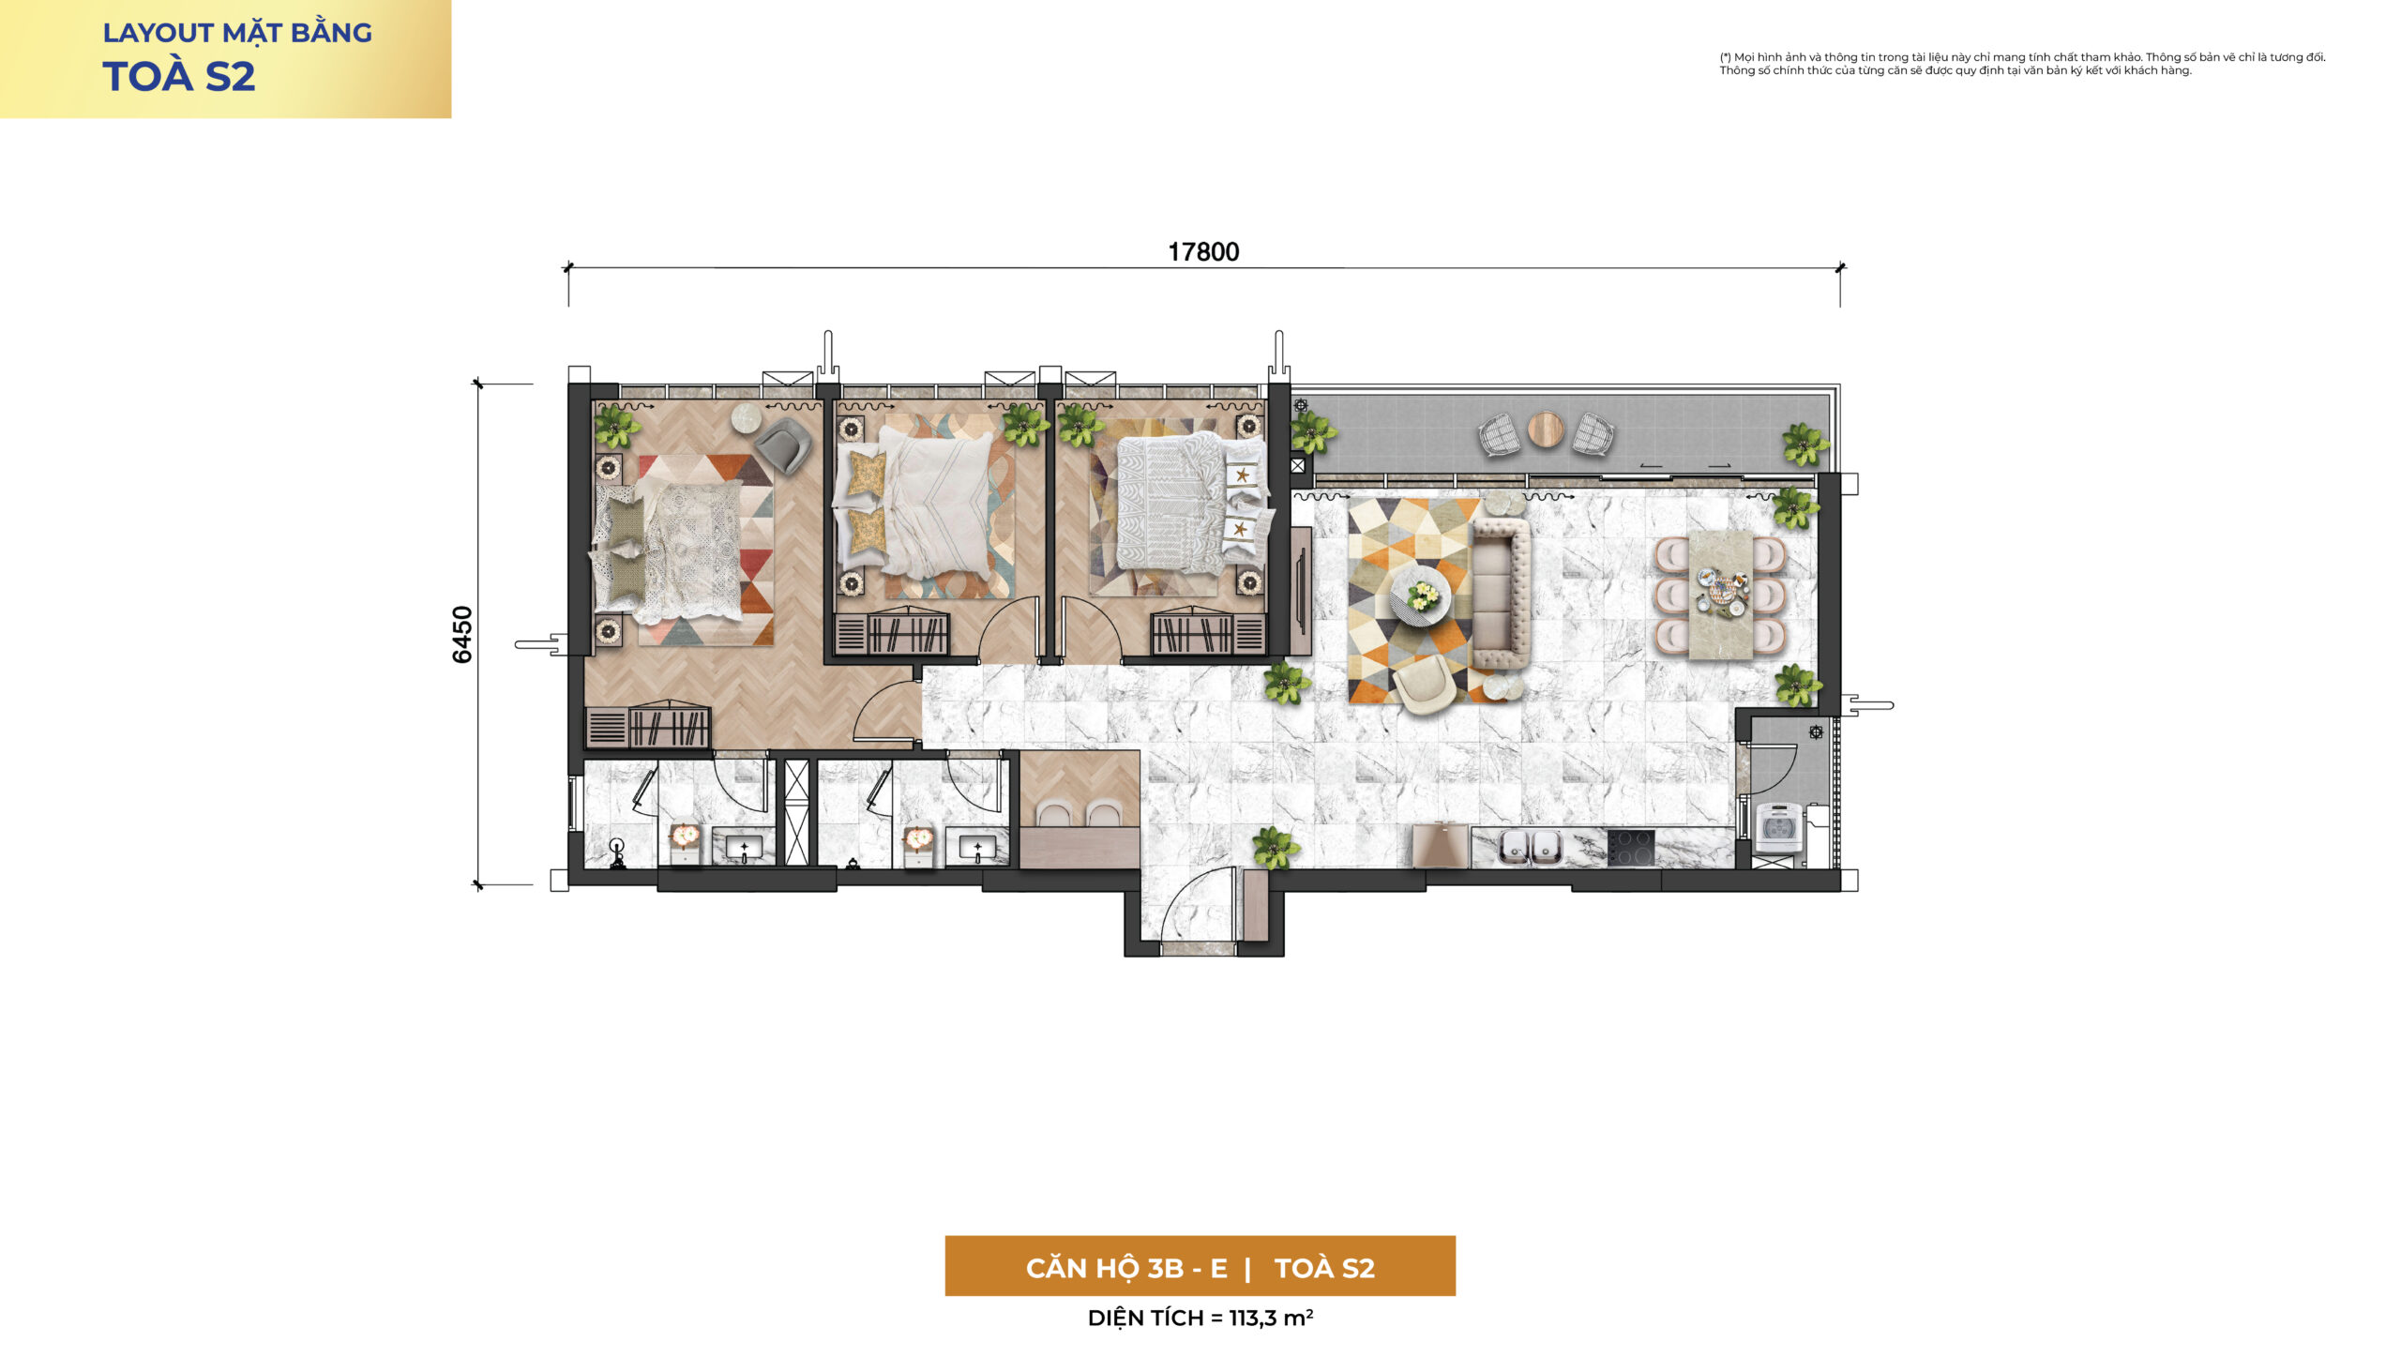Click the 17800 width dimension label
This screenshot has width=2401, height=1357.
[x=1203, y=251]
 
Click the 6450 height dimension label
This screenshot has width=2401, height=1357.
[x=462, y=635]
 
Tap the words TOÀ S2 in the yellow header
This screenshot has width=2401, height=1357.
[x=178, y=77]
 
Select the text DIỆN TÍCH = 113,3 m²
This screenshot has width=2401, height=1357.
[x=1200, y=1318]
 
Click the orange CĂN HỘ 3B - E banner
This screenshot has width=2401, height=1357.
[x=1200, y=1266]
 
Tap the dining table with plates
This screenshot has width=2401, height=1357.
[x=1720, y=595]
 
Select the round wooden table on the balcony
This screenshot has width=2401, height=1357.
[x=1546, y=430]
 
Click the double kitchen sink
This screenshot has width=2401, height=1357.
[x=1530, y=847]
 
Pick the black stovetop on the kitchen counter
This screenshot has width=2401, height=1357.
[x=1631, y=847]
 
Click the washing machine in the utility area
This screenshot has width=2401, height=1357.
[x=1778, y=827]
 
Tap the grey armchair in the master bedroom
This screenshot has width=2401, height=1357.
[x=783, y=445]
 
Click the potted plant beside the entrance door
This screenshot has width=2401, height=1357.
[x=1275, y=847]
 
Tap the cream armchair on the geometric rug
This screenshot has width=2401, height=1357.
[x=1424, y=683]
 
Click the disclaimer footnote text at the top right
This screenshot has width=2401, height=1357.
[x=2022, y=64]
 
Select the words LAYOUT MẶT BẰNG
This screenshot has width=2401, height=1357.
[x=237, y=33]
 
